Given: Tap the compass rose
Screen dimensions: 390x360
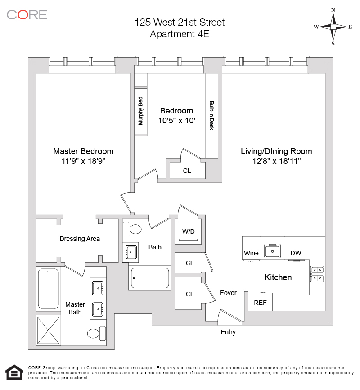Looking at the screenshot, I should [333, 27].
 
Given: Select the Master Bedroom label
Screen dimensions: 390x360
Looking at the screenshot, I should [83, 151].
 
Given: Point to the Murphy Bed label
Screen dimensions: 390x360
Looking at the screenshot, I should [141, 111].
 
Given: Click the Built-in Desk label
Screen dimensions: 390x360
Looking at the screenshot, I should [211, 115].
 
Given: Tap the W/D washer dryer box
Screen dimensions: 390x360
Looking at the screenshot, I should [188, 231].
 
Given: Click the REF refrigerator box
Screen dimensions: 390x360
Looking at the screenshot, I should [260, 303].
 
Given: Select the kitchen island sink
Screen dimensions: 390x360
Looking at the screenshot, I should [273, 250].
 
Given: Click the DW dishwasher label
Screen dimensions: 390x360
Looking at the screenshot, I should [296, 253].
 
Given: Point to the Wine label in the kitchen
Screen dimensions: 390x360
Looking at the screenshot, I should [251, 253].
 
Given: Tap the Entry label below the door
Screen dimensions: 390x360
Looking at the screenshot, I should [228, 332].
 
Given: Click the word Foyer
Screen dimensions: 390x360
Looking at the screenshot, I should [228, 293].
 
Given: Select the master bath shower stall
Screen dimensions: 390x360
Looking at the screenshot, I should [48, 331].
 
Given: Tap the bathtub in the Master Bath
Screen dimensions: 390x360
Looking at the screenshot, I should [48, 289].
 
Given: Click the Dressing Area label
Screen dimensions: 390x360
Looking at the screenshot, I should [80, 239].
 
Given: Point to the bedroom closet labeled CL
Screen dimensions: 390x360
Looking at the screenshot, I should [187, 171].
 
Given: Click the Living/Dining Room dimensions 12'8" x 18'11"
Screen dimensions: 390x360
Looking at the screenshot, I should [276, 160].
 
